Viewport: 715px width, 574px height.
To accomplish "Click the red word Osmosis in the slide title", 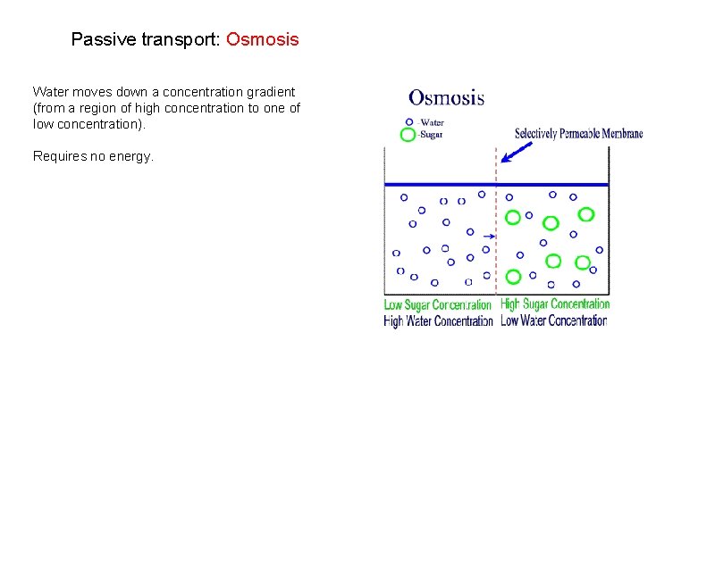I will point(262,40).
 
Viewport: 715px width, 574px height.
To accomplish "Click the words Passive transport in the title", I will point(146,40).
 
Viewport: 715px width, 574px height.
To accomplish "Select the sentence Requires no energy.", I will point(93,156).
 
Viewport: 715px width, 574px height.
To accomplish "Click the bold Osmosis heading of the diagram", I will point(446,97).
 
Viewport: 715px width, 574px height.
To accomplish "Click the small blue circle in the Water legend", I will point(409,121).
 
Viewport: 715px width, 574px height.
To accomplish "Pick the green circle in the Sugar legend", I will point(408,136).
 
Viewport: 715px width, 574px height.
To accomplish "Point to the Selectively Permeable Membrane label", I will point(578,134).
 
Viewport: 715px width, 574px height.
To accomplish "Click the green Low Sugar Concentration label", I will point(438,305).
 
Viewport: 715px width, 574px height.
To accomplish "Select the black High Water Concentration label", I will point(438,321).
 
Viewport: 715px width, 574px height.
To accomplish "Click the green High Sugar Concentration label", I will point(555,304).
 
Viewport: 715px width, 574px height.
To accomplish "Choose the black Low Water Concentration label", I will point(554,320).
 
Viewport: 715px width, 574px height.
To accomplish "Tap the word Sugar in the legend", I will point(432,136).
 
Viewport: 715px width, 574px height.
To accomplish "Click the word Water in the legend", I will point(433,122).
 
